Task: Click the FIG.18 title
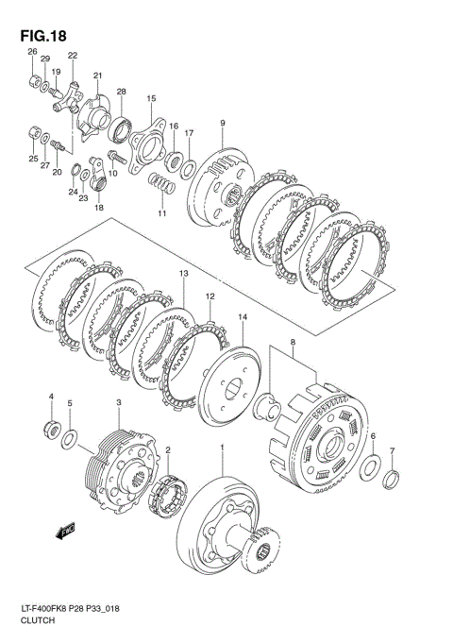[43, 36]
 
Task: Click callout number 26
[32, 52]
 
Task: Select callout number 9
[223, 123]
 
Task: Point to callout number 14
[243, 316]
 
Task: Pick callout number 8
[293, 341]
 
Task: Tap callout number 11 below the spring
[162, 213]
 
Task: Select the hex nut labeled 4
[52, 429]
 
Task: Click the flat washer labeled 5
[69, 439]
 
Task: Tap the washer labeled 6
[370, 467]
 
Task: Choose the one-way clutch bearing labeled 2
[166, 496]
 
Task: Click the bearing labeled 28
[119, 128]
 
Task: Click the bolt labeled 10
[116, 157]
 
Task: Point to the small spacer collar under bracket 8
[267, 406]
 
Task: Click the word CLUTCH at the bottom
[38, 620]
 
